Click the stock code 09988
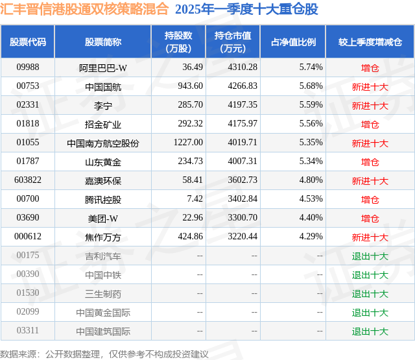[x=28, y=67]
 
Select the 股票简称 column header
[x=103, y=42]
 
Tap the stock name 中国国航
[x=103, y=86]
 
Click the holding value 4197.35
[x=243, y=104]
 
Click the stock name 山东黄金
[x=103, y=162]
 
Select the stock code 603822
[x=28, y=180]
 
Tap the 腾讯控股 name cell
[x=103, y=199]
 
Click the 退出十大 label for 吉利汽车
[x=370, y=256]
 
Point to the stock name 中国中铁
[x=103, y=275]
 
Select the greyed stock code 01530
[x=28, y=294]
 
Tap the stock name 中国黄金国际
[x=103, y=313]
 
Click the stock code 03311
[x=28, y=331]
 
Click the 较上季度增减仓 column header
[x=370, y=42]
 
